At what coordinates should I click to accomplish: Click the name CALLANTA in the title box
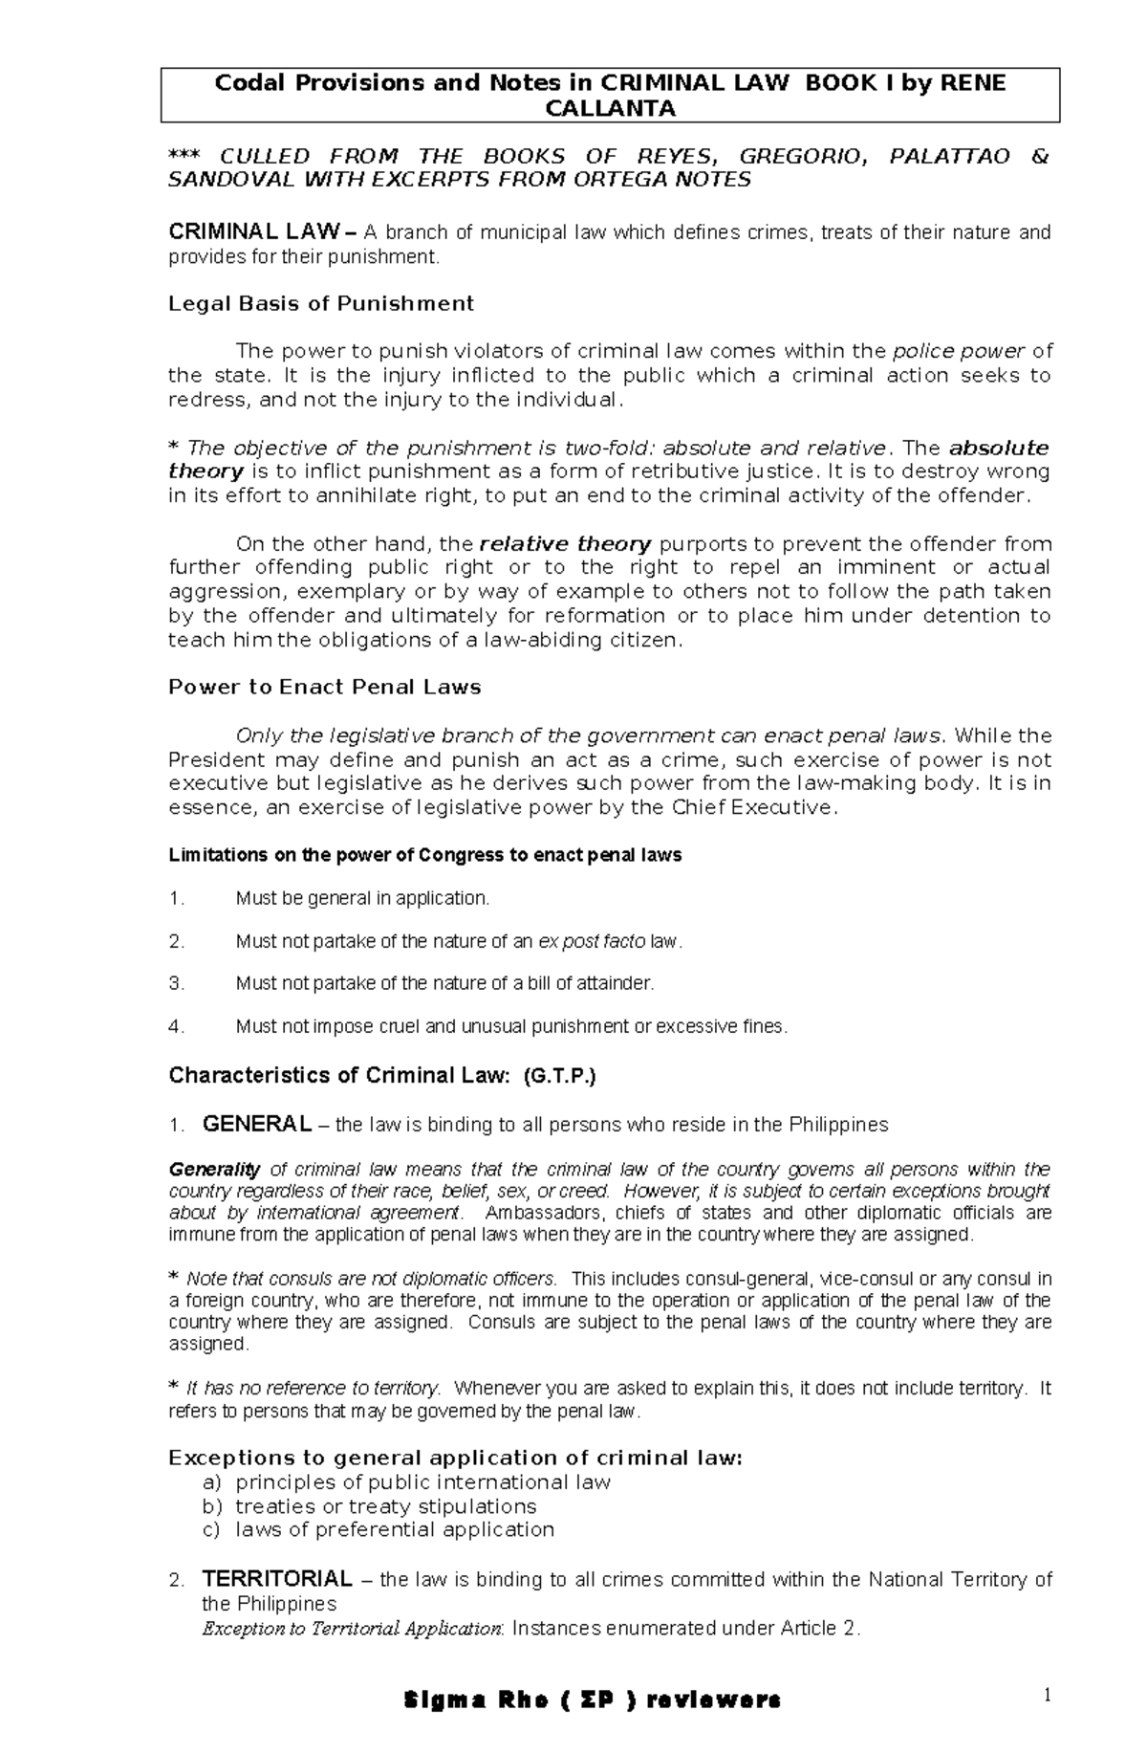point(610,108)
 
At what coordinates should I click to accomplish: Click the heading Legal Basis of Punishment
point(320,304)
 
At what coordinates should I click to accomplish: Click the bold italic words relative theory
point(566,544)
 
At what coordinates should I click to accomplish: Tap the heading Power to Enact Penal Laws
point(324,688)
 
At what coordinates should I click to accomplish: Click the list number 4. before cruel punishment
point(175,1027)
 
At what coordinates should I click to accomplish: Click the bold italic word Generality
point(214,1170)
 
